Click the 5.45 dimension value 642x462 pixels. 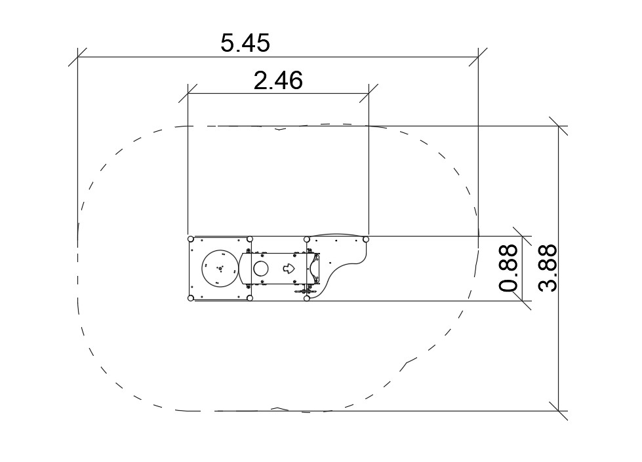[x=245, y=43]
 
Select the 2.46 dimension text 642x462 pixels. [x=278, y=81]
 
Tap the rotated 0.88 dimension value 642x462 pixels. [x=508, y=268]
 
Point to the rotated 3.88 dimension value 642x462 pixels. [x=548, y=268]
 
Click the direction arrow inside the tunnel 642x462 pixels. [x=289, y=269]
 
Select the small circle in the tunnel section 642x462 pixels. [x=261, y=269]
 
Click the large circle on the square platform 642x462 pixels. [x=220, y=267]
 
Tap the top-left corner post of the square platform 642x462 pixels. [x=190, y=239]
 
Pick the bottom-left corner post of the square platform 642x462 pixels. [x=190, y=298]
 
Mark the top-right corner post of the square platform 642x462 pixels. [x=250, y=239]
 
